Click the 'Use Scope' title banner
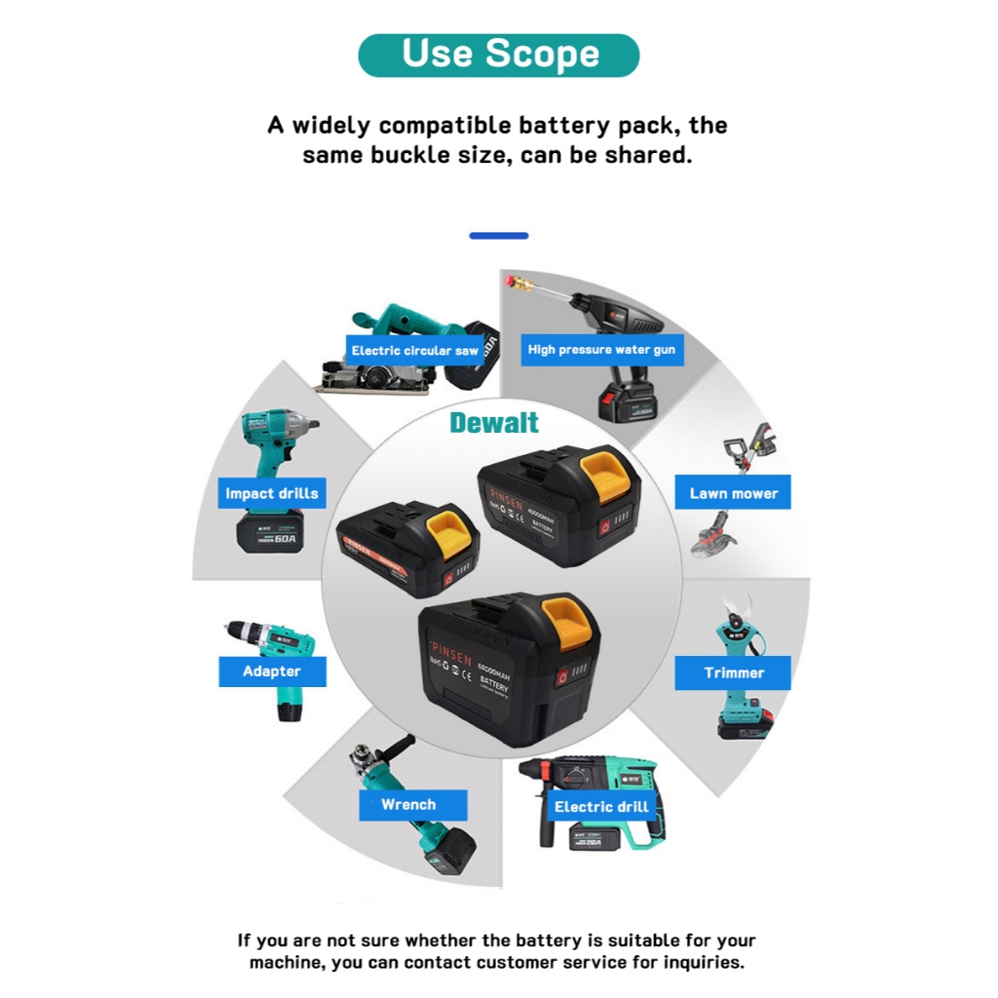(x=499, y=55)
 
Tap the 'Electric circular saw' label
(x=415, y=350)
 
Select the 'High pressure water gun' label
(x=601, y=349)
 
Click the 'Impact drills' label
(x=271, y=493)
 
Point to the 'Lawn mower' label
(x=733, y=493)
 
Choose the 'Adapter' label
(x=271, y=672)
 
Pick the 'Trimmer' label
(x=733, y=672)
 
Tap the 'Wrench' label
(x=408, y=805)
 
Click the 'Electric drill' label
(x=601, y=806)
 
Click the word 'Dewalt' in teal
(x=494, y=423)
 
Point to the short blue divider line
(x=499, y=236)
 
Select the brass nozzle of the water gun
(x=516, y=285)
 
